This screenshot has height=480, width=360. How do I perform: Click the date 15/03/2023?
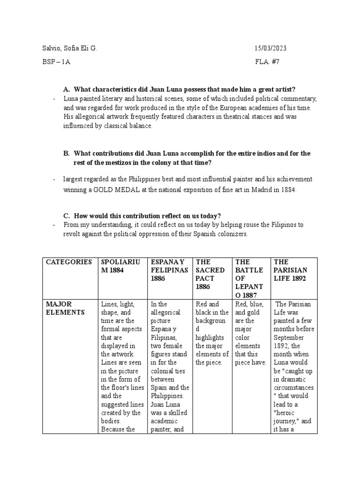click(x=270, y=48)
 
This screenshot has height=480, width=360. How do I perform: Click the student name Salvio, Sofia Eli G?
click(x=70, y=48)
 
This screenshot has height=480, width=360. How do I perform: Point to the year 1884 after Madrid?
click(x=288, y=190)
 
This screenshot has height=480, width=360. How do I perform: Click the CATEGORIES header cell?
click(x=69, y=262)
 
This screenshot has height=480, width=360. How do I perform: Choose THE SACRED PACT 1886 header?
click(x=212, y=274)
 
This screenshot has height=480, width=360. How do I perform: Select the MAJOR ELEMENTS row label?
click(x=66, y=308)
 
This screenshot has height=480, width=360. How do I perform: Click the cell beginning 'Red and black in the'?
click(x=212, y=333)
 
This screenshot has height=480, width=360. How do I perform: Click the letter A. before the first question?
click(x=67, y=90)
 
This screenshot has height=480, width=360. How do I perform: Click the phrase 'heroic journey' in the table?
click(x=290, y=417)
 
